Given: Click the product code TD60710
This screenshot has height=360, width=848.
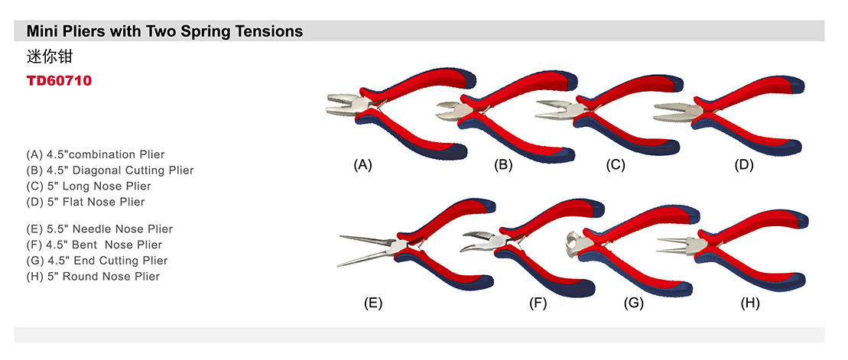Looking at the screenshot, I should (59, 80).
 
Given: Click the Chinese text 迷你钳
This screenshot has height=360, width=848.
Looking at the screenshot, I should (49, 57).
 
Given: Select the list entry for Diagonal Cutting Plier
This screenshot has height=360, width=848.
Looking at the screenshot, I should (110, 170).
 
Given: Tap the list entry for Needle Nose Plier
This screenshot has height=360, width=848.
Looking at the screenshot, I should (99, 229).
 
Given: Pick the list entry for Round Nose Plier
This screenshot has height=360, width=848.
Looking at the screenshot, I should (93, 276).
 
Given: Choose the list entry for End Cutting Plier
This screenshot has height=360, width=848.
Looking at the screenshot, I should (96, 261).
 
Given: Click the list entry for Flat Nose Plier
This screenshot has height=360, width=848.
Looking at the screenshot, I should (85, 202).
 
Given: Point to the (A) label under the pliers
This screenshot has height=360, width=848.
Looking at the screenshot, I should (362, 164).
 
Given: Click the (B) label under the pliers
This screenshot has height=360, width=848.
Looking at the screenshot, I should (502, 164).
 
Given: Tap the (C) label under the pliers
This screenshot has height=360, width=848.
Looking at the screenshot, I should (616, 164).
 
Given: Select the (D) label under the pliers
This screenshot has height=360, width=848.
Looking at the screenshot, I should (743, 164).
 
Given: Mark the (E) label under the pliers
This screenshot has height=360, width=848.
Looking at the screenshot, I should (373, 303).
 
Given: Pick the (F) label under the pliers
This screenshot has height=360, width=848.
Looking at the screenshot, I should (538, 303).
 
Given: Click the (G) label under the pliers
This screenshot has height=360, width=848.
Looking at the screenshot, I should (634, 303).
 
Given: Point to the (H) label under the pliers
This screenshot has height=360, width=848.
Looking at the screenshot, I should (750, 303).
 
